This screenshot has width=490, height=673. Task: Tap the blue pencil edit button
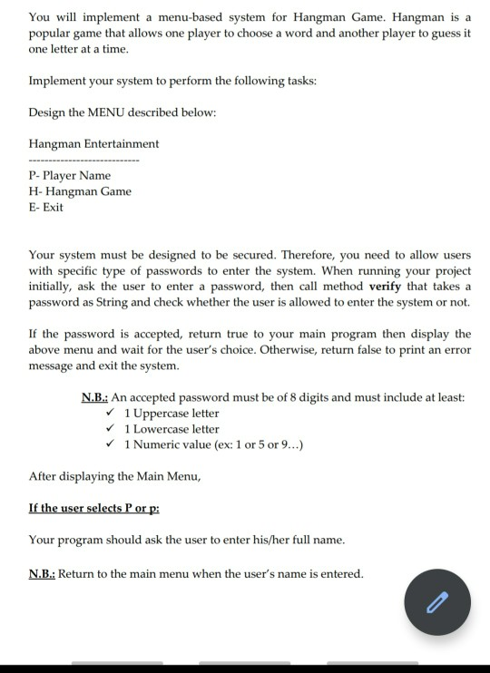pos(437,602)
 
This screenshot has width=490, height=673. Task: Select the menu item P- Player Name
pos(70,175)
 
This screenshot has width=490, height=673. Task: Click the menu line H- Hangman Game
pos(80,191)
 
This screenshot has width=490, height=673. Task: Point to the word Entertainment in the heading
pos(117,143)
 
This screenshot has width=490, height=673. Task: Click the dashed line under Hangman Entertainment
pos(84,160)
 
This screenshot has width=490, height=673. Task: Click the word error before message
pos(456,349)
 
